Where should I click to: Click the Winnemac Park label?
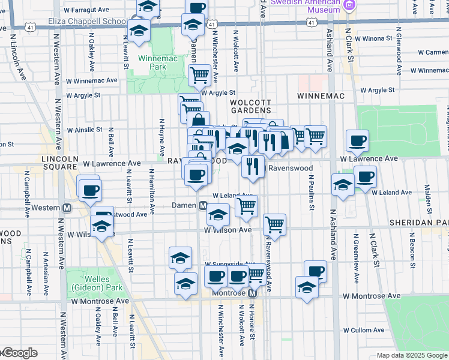[x=152, y=62]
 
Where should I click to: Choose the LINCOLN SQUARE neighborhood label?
[x=60, y=163]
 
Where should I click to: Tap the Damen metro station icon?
[x=203, y=206]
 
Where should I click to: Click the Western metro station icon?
[x=68, y=208]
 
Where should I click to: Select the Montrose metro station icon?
[x=253, y=293]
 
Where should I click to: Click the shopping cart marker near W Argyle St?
[x=199, y=75]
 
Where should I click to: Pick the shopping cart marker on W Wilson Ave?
[x=274, y=224]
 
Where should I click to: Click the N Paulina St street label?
[x=312, y=193]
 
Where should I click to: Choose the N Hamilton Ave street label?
[x=151, y=187]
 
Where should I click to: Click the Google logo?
[x=19, y=353]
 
